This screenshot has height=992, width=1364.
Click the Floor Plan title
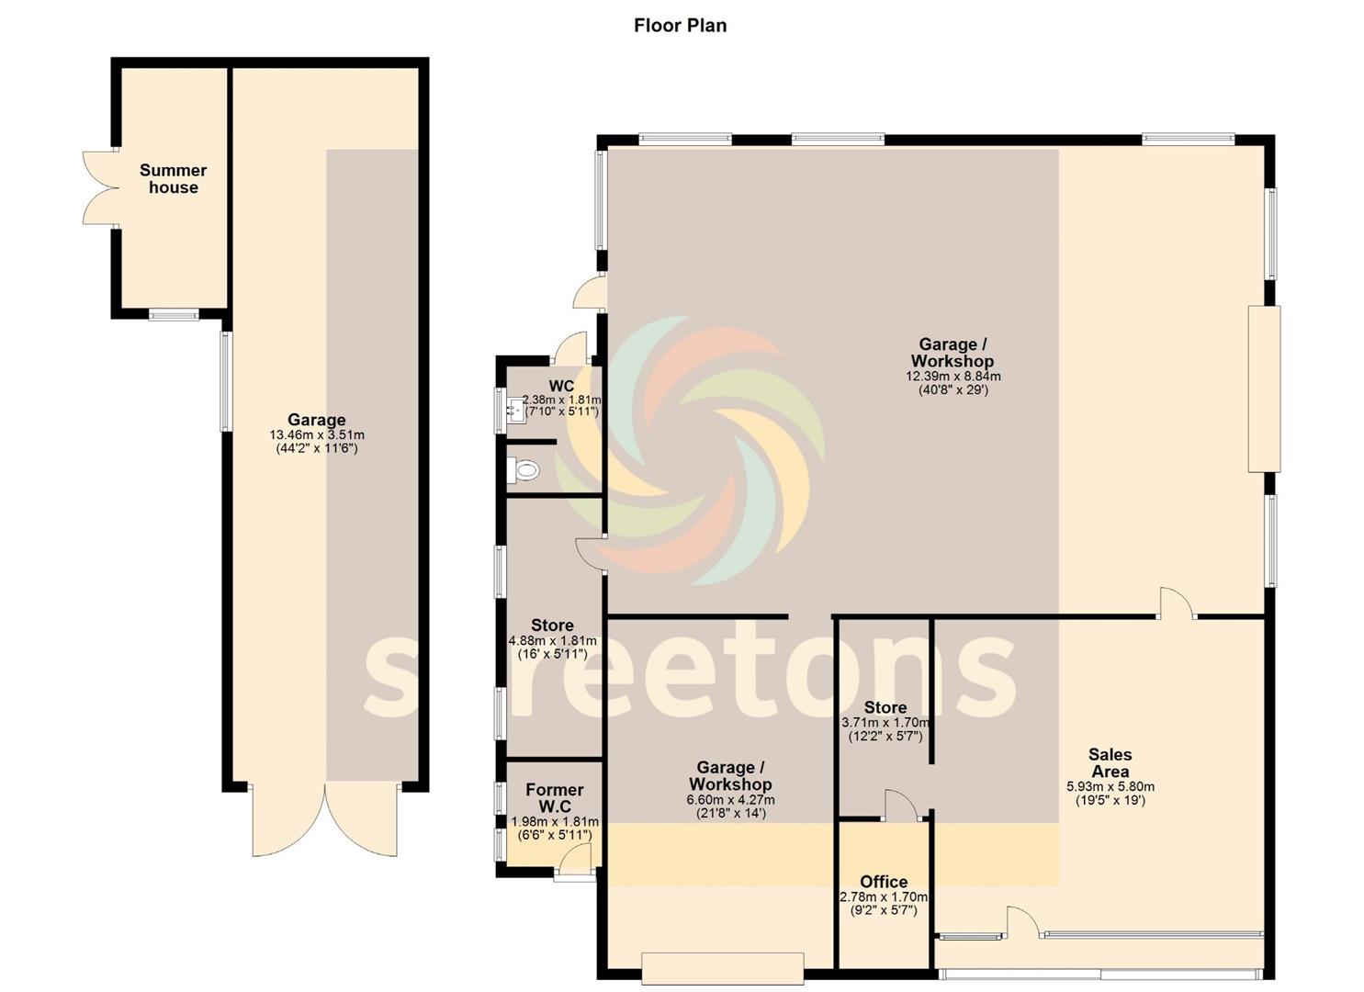[681, 26]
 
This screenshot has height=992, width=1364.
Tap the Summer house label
[173, 179]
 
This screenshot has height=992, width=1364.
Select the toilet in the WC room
[524, 470]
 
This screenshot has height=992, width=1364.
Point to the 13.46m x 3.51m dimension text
[317, 434]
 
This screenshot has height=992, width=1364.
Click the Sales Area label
[1110, 763]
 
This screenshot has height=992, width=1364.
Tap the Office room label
[884, 882]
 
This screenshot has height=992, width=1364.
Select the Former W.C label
[555, 798]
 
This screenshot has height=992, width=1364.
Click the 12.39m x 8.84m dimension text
[953, 377]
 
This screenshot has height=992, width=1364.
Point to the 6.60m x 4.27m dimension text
[731, 800]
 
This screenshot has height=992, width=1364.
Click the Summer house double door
[100, 187]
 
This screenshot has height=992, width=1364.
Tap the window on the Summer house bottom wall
[175, 315]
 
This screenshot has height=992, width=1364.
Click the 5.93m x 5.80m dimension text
[1110, 787]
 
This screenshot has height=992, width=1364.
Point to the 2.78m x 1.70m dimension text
[884, 897]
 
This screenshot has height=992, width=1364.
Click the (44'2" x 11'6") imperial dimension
[317, 449]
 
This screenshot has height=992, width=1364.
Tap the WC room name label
[561, 386]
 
